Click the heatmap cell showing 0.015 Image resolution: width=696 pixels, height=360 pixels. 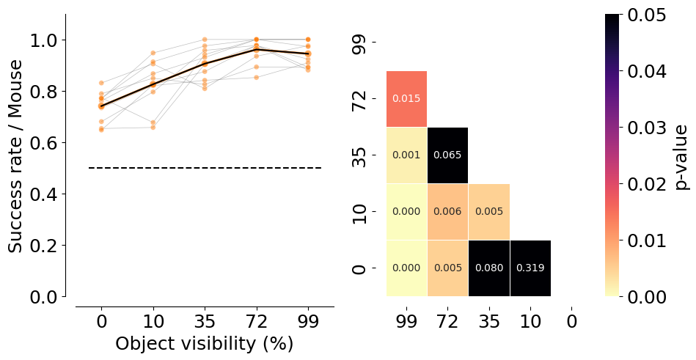[x=406, y=98]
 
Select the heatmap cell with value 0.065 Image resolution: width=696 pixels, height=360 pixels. [x=447, y=155]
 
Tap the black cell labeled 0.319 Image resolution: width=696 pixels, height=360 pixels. [x=530, y=268]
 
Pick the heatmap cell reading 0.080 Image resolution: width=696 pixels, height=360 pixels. [x=489, y=268]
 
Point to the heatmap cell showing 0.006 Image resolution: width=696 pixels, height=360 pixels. [x=447, y=211]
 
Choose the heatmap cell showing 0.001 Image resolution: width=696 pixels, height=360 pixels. [x=406, y=155]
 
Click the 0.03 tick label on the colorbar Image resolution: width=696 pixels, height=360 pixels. [x=647, y=128]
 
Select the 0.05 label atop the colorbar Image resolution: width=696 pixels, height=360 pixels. [x=647, y=15]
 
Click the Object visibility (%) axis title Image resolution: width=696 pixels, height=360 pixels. [x=205, y=344]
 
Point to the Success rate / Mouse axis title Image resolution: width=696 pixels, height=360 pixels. [x=15, y=157]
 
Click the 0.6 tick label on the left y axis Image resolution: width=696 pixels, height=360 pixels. [x=44, y=142]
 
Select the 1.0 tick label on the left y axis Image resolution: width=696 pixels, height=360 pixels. [x=44, y=40]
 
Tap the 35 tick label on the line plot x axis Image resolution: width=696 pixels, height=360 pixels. [x=205, y=321]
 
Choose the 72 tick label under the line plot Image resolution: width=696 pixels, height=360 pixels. [x=257, y=321]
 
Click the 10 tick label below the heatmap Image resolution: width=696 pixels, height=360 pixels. [x=530, y=321]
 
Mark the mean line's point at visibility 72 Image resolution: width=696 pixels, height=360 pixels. [x=257, y=49]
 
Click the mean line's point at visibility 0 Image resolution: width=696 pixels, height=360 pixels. [x=102, y=106]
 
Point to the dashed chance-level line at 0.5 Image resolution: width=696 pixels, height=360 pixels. [x=205, y=168]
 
